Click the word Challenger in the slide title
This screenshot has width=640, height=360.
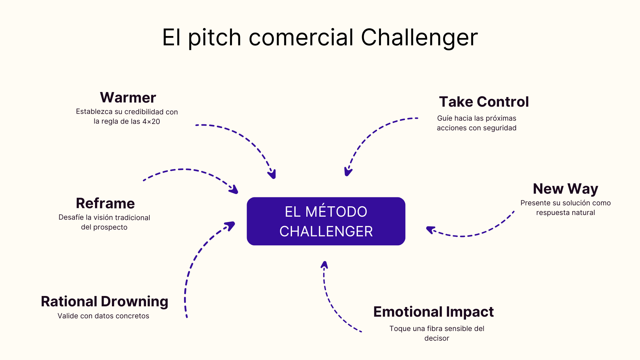pyautogui.click(x=419, y=37)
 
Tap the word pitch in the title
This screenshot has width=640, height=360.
pyautogui.click(x=215, y=37)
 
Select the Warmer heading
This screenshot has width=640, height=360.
pyautogui.click(x=128, y=97)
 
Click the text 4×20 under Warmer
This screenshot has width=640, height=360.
pyautogui.click(x=151, y=122)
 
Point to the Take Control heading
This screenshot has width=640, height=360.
pyautogui.click(x=484, y=102)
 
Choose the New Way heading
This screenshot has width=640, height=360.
pyautogui.click(x=565, y=189)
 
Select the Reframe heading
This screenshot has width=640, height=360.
pyautogui.click(x=105, y=203)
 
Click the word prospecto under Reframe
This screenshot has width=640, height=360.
pyautogui.click(x=111, y=227)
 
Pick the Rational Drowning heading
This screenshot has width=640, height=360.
pyautogui.click(x=104, y=301)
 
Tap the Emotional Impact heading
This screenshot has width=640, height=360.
pyautogui.click(x=433, y=312)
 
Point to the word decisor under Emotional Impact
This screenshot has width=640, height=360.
pyautogui.click(x=437, y=338)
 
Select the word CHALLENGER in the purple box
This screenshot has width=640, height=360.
pyautogui.click(x=326, y=231)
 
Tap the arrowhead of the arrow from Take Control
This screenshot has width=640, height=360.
pyautogui.click(x=348, y=172)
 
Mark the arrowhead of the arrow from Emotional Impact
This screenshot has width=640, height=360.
pyautogui.click(x=324, y=265)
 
